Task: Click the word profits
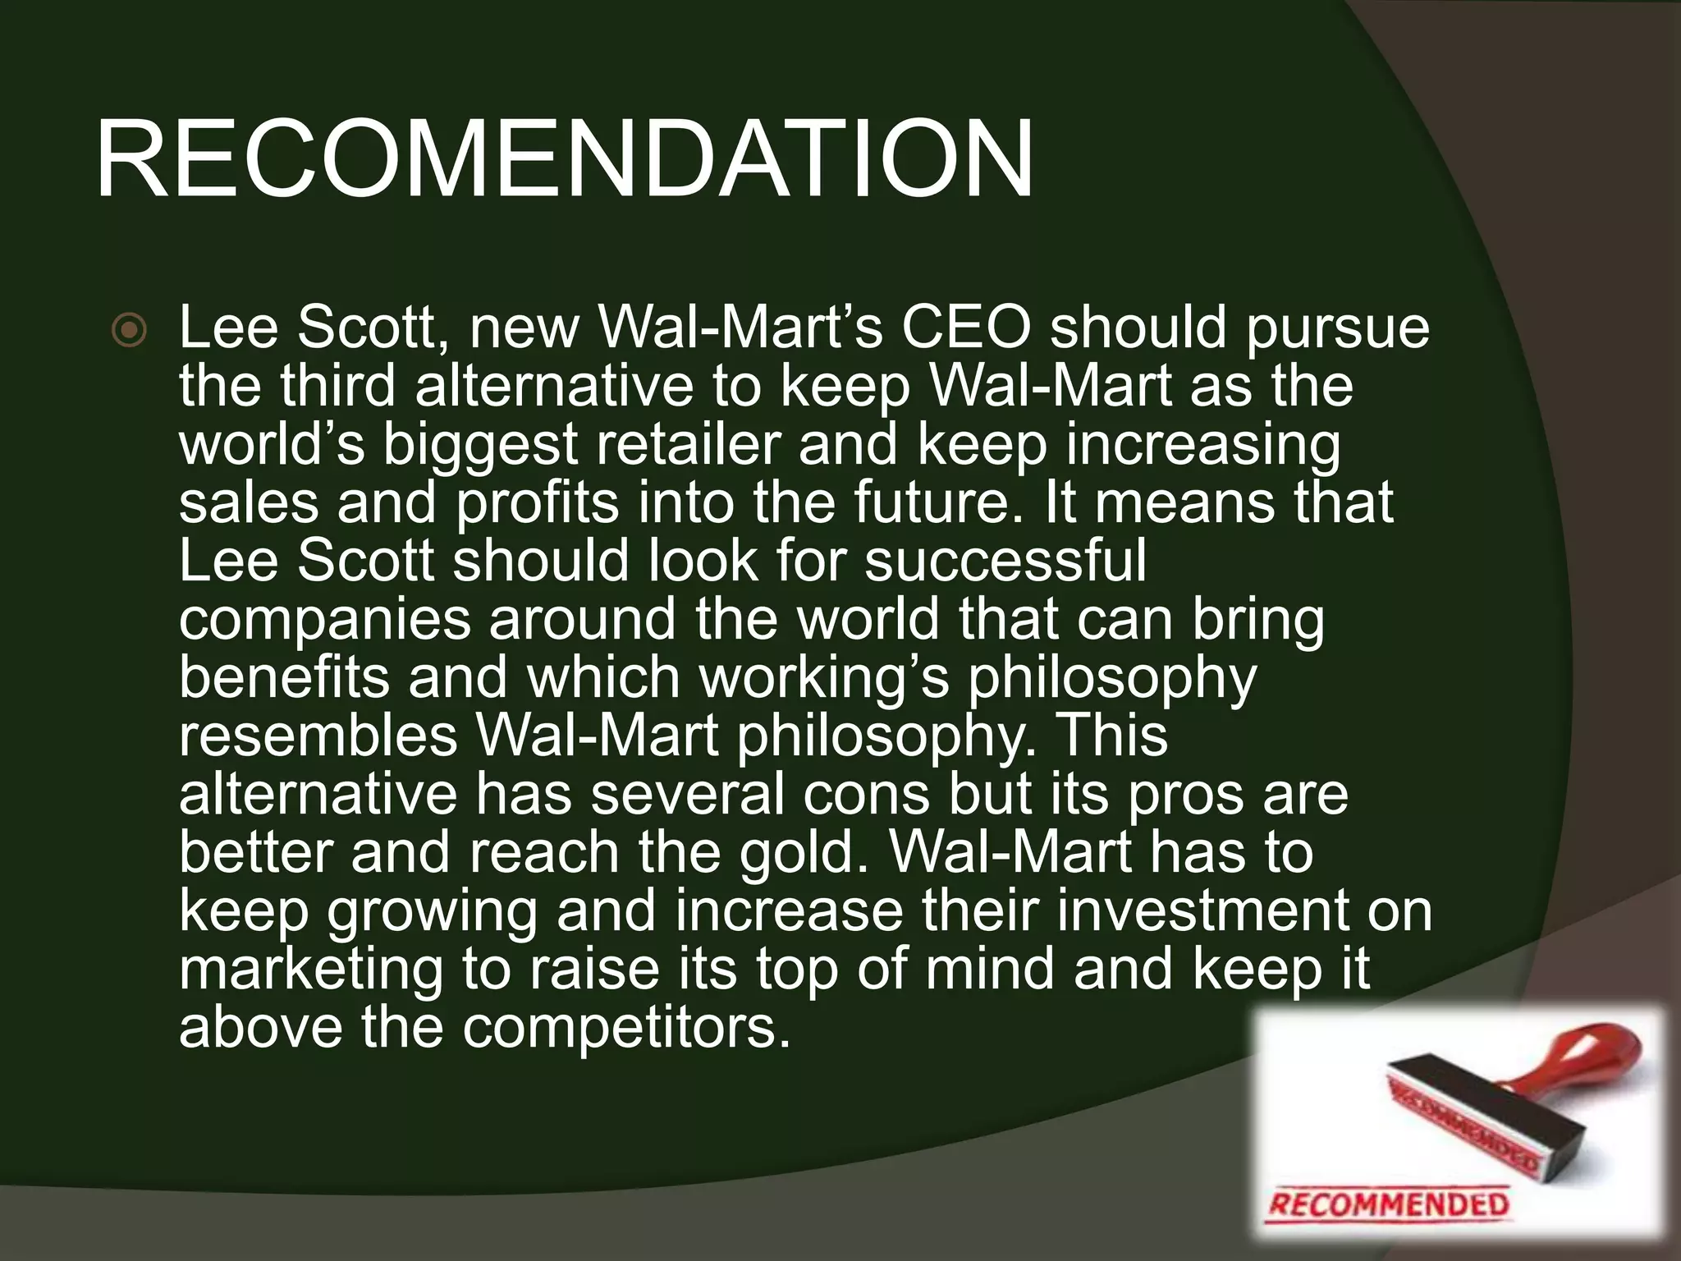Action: (537, 502)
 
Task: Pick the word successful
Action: (1005, 561)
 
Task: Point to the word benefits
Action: (284, 677)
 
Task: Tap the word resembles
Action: (318, 736)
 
